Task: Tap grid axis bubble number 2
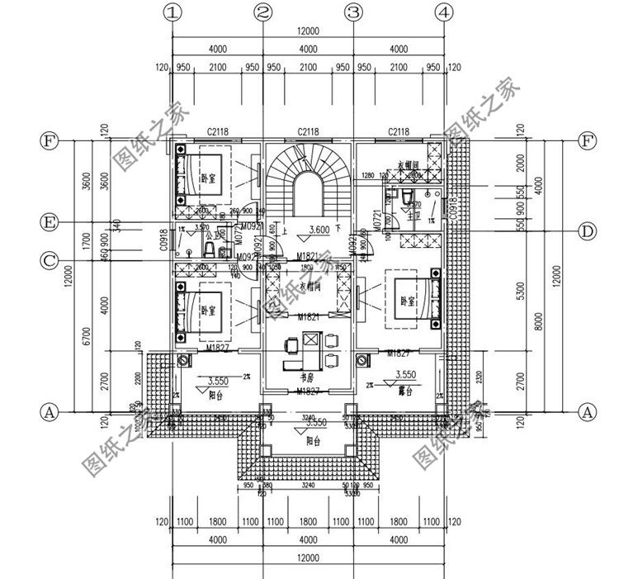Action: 263,12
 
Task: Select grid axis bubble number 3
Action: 354,12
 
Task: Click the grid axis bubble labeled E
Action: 50,222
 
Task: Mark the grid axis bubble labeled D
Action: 585,232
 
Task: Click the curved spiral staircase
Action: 309,182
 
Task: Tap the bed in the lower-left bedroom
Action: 202,310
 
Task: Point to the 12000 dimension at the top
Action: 308,31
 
